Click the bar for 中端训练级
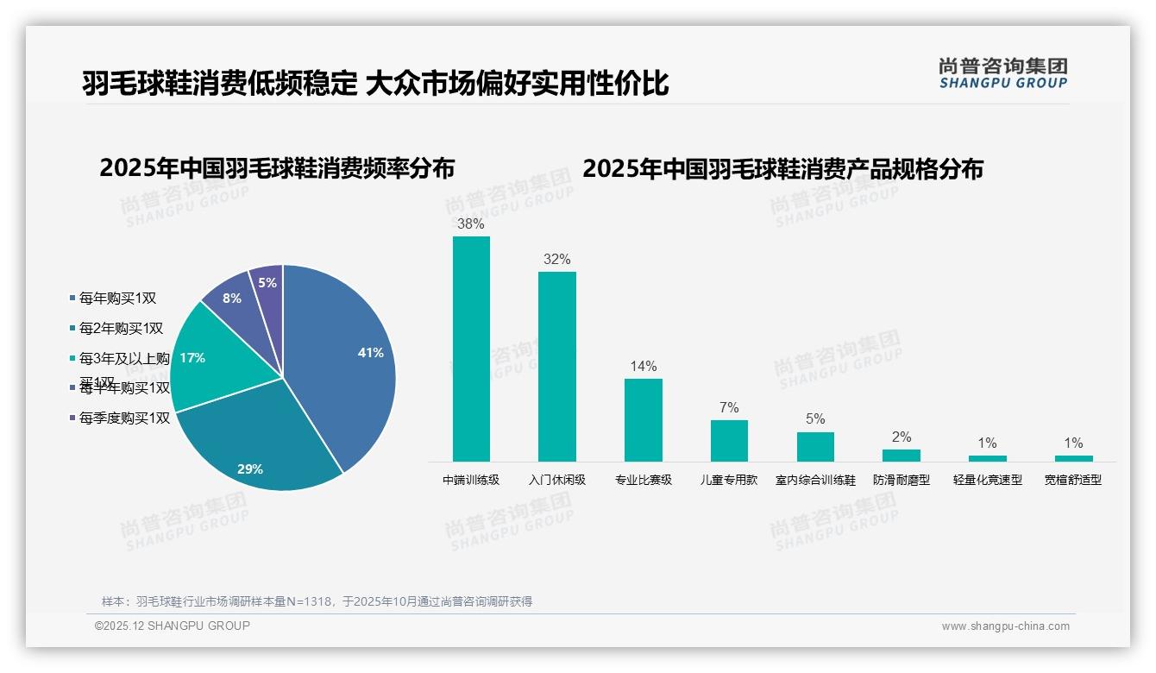click(471, 349)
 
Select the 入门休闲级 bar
click(557, 367)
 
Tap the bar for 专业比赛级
click(644, 420)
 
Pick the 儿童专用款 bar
click(729, 441)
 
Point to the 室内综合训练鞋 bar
click(815, 447)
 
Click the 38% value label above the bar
click(471, 224)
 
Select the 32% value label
click(557, 260)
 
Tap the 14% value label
click(644, 367)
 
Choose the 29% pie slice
click(259, 449)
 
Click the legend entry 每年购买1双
click(117, 299)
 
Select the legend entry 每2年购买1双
click(121, 329)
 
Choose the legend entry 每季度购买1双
click(124, 418)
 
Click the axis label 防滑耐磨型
click(902, 480)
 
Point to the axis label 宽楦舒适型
click(1073, 480)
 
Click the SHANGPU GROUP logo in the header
click(1002, 73)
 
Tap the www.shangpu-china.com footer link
click(1005, 626)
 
